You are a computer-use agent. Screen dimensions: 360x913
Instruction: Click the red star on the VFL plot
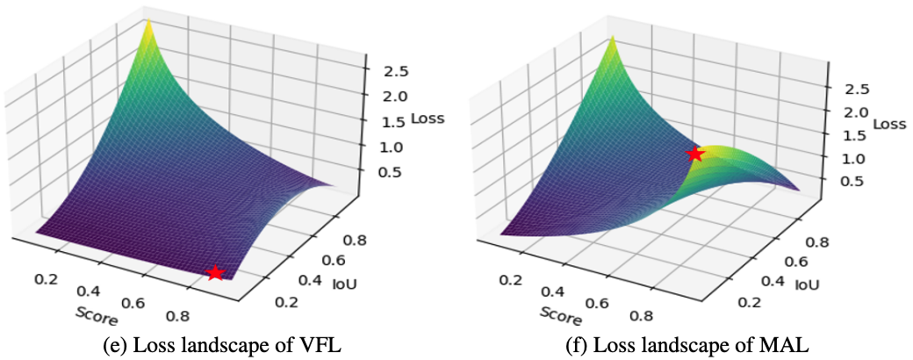tap(215, 273)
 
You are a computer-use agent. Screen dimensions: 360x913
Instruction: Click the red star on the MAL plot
tap(695, 154)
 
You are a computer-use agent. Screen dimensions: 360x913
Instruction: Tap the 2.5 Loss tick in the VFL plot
tap(385, 71)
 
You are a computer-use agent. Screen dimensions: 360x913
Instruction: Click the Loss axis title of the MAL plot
tap(889, 125)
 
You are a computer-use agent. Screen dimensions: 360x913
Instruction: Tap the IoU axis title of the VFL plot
tap(342, 282)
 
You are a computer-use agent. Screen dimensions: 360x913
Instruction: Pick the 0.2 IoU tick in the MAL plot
tap(749, 303)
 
